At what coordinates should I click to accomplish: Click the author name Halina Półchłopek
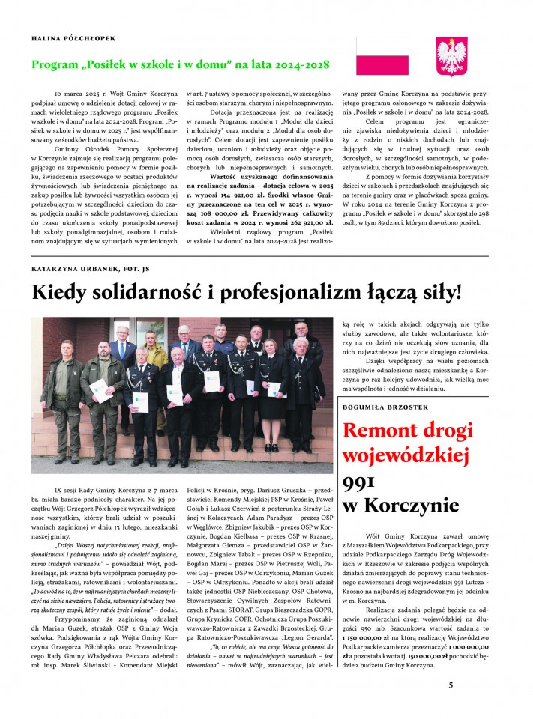(x=74, y=37)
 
